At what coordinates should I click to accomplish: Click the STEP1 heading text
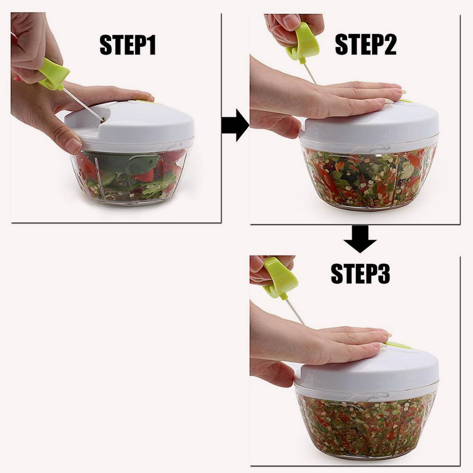pos(128,44)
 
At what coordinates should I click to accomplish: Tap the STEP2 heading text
pos(366,44)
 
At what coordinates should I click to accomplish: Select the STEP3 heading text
pos(360,273)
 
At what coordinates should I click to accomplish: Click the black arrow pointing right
pos(235,125)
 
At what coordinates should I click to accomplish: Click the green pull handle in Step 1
pos(54,74)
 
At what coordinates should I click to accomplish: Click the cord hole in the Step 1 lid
pos(104,120)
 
